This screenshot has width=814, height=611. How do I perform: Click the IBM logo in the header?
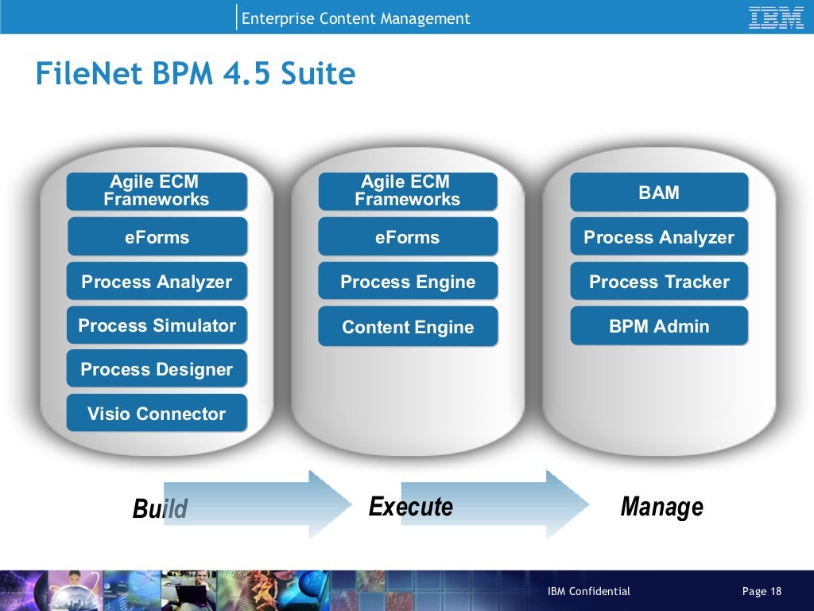(776, 18)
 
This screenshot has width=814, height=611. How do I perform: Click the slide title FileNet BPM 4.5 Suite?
(195, 74)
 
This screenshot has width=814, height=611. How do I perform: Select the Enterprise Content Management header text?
(355, 18)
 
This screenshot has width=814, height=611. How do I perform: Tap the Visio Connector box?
(157, 413)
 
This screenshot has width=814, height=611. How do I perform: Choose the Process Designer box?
(157, 369)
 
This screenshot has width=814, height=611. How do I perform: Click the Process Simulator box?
(157, 325)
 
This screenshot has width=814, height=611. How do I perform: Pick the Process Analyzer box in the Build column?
(157, 282)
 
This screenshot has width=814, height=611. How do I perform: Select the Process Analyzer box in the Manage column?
(659, 237)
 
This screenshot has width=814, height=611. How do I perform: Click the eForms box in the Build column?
(157, 237)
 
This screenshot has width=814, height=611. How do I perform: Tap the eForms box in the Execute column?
(408, 237)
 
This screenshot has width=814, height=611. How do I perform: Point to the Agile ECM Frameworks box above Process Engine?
(408, 192)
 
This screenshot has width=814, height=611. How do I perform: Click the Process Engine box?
(408, 282)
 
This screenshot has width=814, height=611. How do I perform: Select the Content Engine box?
(408, 327)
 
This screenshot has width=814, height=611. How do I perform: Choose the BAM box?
(659, 192)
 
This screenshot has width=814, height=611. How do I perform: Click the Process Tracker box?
(659, 282)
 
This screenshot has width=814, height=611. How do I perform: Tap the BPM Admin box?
(659, 326)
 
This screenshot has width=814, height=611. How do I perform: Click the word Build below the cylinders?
(160, 508)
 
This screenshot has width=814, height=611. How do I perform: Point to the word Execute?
(410, 507)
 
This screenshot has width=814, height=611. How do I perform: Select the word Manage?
(661, 507)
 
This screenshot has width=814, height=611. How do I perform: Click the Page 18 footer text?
(762, 591)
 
